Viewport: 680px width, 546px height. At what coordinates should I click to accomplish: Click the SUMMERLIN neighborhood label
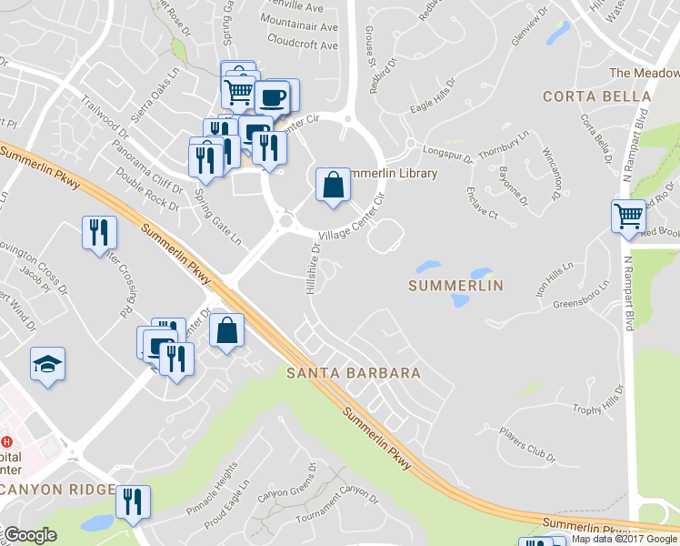pos(455,286)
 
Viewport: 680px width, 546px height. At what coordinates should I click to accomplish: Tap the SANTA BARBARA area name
pos(354,373)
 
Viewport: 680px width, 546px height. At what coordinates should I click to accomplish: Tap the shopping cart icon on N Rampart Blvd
pos(628,217)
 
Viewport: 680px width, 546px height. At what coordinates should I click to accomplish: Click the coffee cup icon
pos(271,97)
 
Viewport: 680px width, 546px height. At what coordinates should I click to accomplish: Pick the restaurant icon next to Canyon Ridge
pos(133,502)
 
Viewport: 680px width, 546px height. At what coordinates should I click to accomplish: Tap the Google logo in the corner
pos(31,535)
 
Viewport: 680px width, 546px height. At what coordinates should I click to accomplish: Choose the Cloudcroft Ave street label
pos(303,40)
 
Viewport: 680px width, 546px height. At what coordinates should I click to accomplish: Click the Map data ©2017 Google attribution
pos(625,539)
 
